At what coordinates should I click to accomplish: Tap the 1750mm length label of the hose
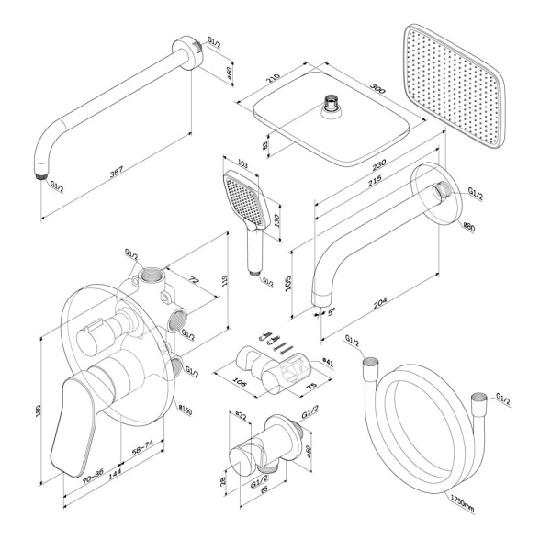[463, 504]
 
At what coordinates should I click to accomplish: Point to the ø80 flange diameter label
[467, 225]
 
